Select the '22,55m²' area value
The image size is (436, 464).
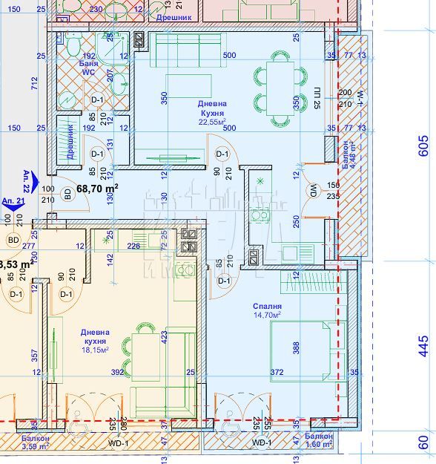click(212, 122)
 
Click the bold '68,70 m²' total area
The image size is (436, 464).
click(97, 189)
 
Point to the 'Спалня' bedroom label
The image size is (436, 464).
click(266, 306)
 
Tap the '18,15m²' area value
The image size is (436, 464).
click(95, 349)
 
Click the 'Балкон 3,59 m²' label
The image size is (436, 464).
click(34, 442)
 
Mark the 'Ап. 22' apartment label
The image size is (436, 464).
click(27, 180)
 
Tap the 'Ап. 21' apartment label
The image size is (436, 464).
click(12, 201)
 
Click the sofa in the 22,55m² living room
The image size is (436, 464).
click(183, 50)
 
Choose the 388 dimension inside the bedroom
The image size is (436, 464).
click(294, 346)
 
